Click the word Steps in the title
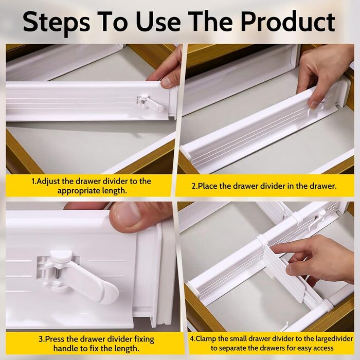56,22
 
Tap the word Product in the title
288,22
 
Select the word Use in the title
158,22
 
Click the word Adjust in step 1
48,181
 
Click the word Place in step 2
208,186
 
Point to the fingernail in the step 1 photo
167,82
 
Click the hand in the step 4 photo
319,261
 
